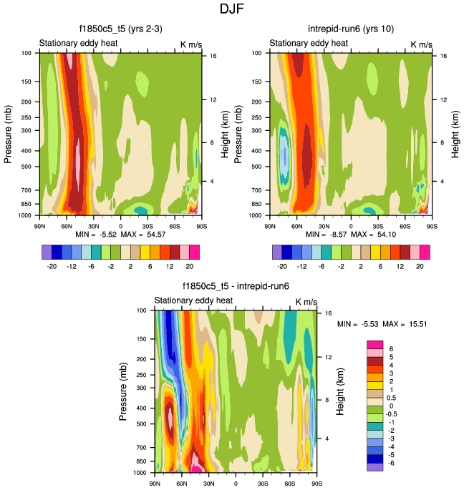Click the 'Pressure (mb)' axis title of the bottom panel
pos(124,391)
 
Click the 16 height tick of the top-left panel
pos(213,55)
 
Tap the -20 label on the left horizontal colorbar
pos(52,263)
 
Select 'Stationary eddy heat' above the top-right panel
pos(309,44)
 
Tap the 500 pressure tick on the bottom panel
pos(142,423)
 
